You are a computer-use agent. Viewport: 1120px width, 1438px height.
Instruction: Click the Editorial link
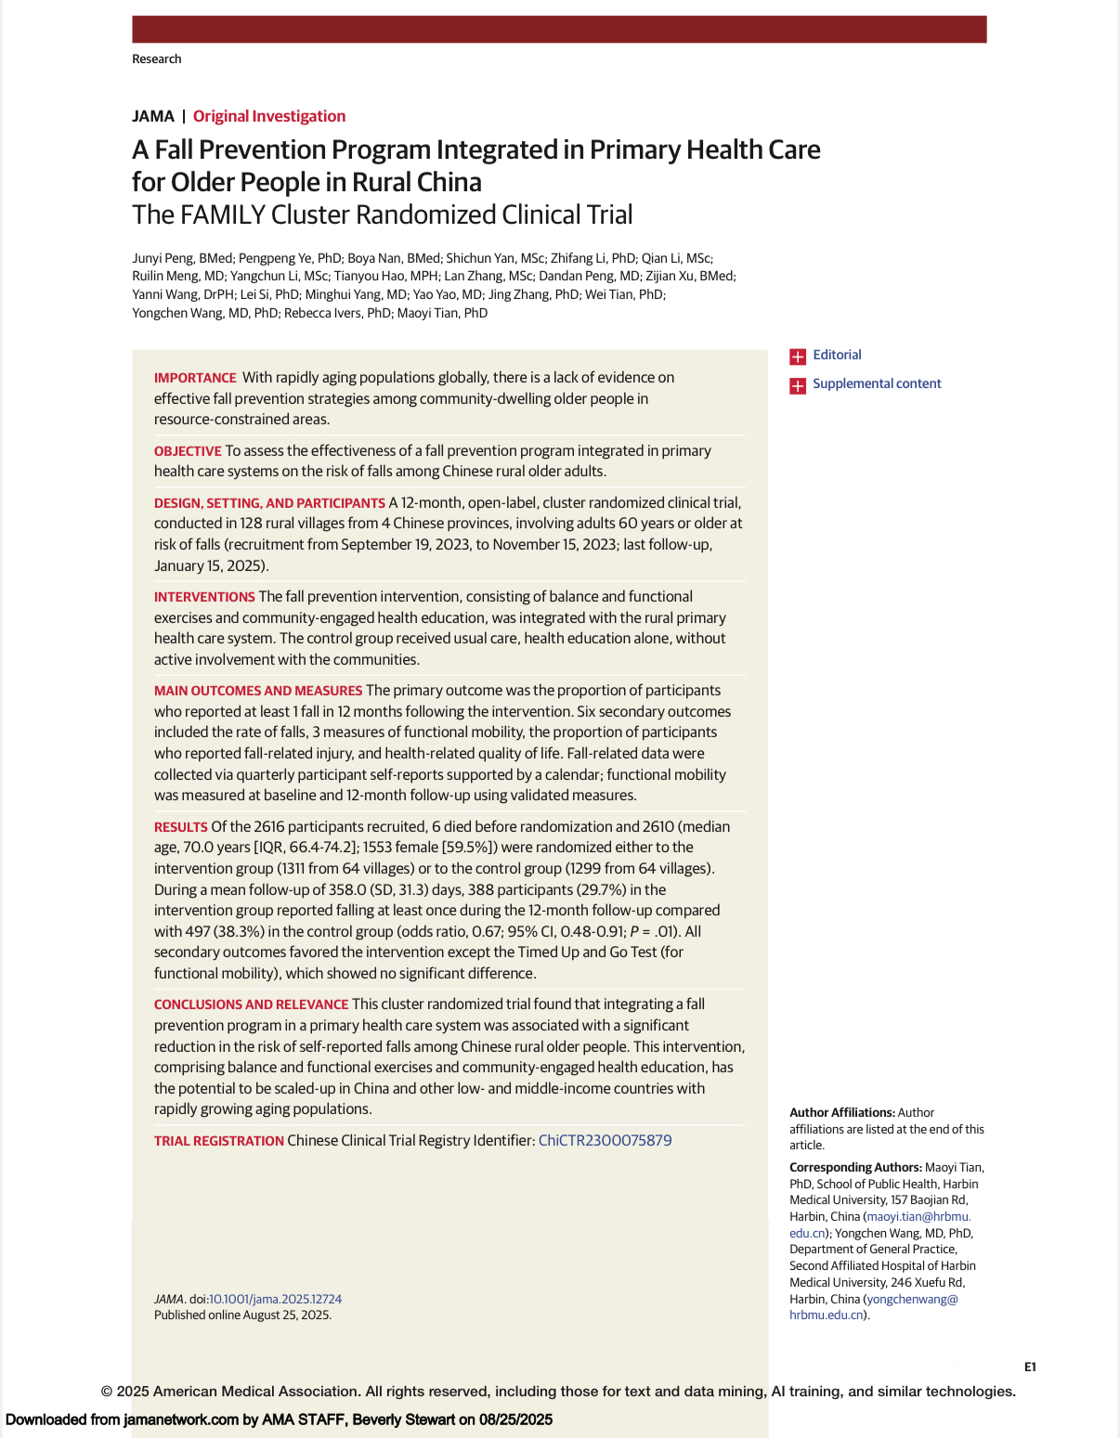[837, 355]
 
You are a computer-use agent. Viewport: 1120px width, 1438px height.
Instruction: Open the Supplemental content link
[877, 383]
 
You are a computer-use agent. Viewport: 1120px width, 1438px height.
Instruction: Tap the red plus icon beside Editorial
[798, 356]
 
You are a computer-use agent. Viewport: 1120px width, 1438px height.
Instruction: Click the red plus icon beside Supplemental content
[798, 385]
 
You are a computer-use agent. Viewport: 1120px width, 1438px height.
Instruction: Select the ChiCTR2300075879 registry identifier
[605, 1140]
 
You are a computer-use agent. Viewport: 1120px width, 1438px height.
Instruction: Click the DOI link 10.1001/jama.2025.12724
[276, 1299]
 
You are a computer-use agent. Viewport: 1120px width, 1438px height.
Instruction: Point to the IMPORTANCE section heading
[195, 378]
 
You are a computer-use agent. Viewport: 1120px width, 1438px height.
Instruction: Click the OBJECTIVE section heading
[188, 451]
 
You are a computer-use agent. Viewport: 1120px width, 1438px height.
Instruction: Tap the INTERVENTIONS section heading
[204, 597]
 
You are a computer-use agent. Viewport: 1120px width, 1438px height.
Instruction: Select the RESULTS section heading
[181, 827]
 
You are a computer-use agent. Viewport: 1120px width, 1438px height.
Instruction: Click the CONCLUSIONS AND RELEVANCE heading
[251, 1004]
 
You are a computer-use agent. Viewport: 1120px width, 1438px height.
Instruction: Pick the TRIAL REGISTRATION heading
[219, 1141]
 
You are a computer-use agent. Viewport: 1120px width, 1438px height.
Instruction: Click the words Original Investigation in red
[269, 116]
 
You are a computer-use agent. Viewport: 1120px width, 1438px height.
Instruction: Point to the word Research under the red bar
[157, 58]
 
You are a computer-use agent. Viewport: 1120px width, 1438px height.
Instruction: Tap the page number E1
[1030, 1367]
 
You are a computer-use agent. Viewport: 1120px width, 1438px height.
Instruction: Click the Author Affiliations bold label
[842, 1112]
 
